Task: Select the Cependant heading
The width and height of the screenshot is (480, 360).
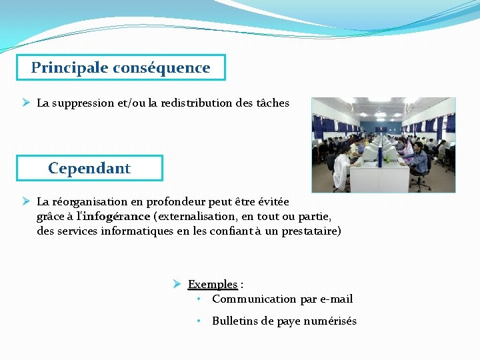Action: tap(89, 168)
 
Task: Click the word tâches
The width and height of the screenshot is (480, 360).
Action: tap(273, 103)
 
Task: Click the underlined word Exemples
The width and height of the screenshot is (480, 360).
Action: tap(213, 285)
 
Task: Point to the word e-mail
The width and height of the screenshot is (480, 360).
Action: tap(337, 299)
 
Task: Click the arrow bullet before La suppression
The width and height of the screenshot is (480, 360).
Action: tap(25, 103)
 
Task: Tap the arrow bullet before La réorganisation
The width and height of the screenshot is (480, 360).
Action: tap(25, 201)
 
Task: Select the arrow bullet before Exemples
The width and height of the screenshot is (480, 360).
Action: tap(177, 284)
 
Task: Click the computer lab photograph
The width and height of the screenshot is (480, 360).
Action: tap(383, 145)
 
